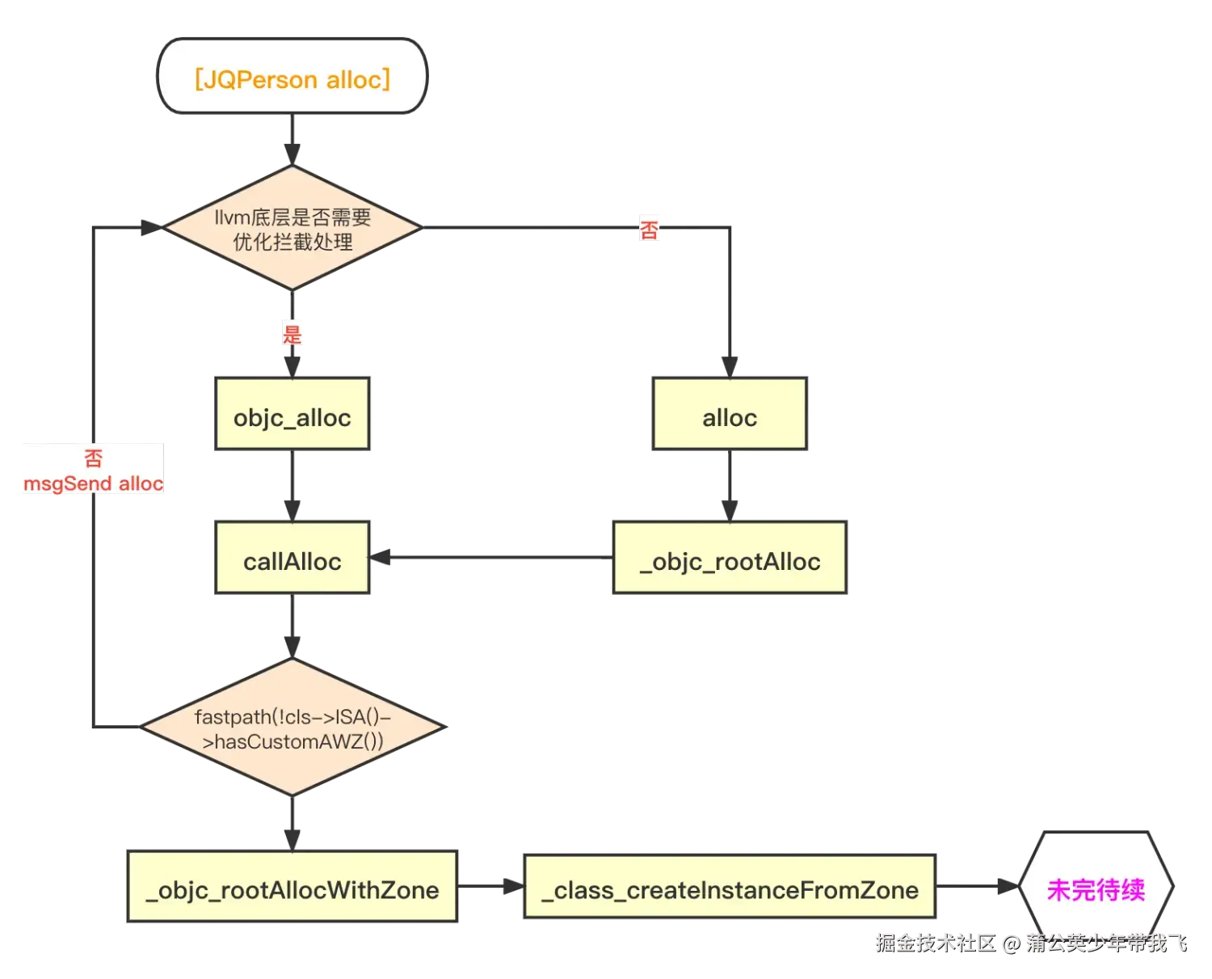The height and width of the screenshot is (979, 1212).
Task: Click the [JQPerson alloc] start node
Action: (292, 78)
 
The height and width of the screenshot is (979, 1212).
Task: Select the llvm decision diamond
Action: (292, 229)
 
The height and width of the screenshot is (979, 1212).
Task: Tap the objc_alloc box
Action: (292, 417)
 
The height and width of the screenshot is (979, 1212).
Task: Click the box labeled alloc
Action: (729, 417)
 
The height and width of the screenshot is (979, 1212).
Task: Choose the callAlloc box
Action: (292, 560)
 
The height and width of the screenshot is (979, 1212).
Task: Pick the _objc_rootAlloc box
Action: (729, 560)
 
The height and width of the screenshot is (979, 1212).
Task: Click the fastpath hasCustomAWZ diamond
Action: (292, 728)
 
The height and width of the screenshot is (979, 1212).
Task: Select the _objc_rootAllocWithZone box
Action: (292, 889)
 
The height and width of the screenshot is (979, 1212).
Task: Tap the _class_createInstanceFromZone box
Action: (729, 889)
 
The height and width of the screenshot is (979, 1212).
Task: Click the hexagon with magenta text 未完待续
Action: (1095, 889)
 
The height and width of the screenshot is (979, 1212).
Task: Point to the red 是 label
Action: (292, 333)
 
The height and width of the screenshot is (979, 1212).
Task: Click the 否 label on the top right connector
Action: (649, 230)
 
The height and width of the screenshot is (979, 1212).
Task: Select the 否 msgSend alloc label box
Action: (94, 470)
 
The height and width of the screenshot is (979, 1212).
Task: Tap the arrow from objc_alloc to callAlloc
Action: (292, 485)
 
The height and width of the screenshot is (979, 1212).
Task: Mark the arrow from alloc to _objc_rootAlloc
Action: (729, 485)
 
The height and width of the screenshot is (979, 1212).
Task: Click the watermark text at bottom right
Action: (1030, 943)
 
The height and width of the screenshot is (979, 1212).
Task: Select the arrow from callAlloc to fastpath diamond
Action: (292, 627)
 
